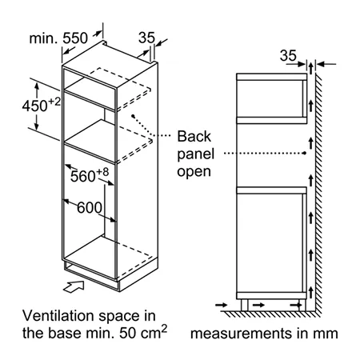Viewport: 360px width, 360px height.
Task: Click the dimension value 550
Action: tap(75, 38)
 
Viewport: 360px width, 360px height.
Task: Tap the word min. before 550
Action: tap(43, 38)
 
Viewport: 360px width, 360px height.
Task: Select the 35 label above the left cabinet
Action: tap(146, 38)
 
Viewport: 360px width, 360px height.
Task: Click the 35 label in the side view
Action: tap(288, 55)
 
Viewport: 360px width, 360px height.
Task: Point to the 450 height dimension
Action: tap(34, 106)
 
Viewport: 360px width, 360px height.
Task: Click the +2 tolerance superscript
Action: tap(54, 102)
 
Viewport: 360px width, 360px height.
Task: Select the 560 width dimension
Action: tap(83, 176)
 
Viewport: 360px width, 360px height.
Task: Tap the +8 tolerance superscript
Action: tap(102, 172)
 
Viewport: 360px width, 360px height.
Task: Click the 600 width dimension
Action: tap(90, 207)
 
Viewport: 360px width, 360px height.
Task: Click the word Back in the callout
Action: tap(194, 136)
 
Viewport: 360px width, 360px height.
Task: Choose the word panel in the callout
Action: tap(196, 154)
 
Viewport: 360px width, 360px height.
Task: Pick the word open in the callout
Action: tap(194, 172)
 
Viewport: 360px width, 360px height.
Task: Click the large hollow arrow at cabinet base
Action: tap(74, 287)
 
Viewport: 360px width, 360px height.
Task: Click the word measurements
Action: tap(242, 334)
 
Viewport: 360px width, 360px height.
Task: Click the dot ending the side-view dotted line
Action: tap(304, 153)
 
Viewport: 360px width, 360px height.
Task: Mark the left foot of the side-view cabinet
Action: tap(244, 305)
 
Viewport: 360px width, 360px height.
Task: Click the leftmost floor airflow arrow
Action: tap(222, 305)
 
